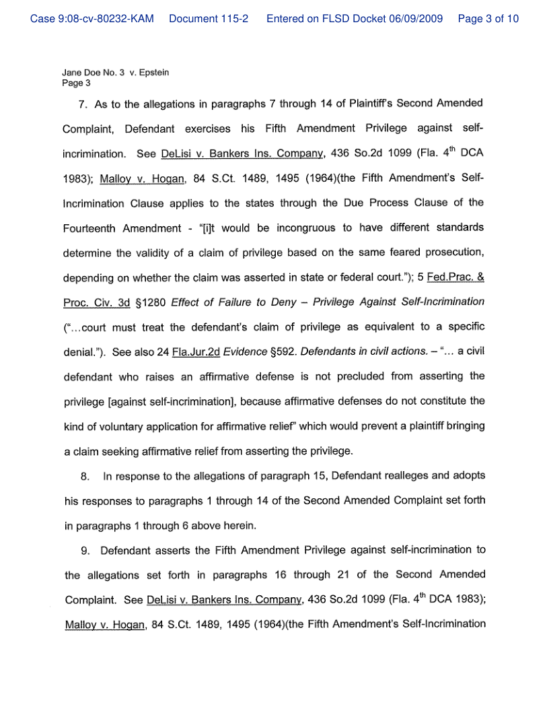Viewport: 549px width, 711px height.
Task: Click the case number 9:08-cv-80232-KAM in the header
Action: point(92,19)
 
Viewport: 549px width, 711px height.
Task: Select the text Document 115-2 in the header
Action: point(209,19)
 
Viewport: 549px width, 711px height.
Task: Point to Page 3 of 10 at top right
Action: point(488,19)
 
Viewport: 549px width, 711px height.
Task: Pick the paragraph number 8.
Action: point(85,476)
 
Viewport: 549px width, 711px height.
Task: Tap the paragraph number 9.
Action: point(85,550)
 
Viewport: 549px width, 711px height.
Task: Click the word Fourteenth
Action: point(89,228)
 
